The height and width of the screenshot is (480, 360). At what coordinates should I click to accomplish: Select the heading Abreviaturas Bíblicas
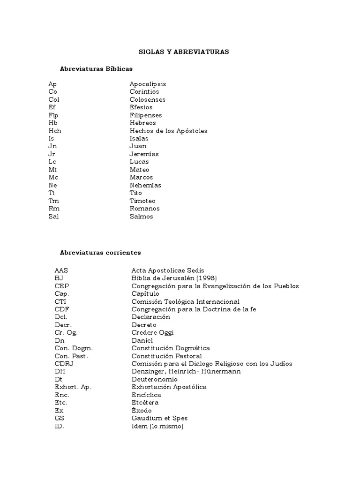96,68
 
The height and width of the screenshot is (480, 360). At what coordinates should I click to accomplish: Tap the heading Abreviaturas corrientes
100,253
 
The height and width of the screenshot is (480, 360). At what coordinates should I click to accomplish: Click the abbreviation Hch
54,131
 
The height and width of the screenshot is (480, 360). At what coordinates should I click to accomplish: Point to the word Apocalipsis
148,84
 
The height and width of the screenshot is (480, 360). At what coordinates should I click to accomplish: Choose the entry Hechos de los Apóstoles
168,131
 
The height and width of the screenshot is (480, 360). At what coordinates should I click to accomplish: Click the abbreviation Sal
53,217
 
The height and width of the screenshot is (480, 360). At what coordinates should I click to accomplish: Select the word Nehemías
145,185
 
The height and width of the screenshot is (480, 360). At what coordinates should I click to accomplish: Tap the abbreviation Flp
53,115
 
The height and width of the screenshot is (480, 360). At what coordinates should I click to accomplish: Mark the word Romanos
144,209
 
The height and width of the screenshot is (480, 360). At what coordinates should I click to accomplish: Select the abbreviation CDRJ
64,364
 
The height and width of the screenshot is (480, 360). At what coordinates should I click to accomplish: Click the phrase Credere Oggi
152,333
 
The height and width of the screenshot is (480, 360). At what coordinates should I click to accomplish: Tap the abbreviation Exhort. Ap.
73,387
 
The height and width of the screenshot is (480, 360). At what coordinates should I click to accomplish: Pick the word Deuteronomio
155,379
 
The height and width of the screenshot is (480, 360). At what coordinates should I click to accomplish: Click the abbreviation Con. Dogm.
74,348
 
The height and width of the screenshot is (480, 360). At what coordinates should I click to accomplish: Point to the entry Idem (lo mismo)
157,427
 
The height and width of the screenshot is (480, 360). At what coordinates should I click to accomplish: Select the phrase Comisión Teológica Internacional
185,302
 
